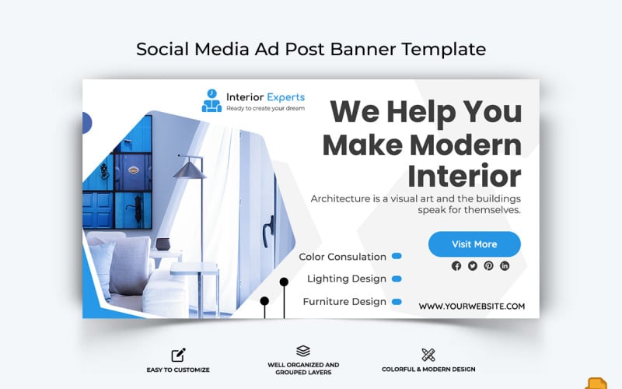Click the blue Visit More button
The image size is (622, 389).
tap(474, 244)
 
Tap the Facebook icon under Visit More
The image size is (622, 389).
tap(456, 265)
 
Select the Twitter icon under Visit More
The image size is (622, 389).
tap(473, 265)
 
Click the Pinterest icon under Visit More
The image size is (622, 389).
tap(488, 265)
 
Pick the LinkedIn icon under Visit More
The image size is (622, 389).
tap(505, 265)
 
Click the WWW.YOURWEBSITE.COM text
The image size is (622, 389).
tap(471, 307)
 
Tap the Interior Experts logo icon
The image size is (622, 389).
tap(211, 101)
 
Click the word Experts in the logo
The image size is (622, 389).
tap(285, 97)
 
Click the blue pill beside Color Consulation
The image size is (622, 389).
tap(397, 256)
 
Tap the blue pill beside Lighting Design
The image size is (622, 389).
tap(397, 279)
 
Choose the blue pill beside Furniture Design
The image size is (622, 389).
tap(397, 301)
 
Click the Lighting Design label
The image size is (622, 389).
tap(346, 279)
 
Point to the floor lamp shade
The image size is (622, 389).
tap(189, 168)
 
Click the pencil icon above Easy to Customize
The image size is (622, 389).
tap(178, 355)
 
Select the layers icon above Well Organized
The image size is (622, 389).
tap(303, 351)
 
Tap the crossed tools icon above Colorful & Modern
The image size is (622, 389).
tap(428, 355)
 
